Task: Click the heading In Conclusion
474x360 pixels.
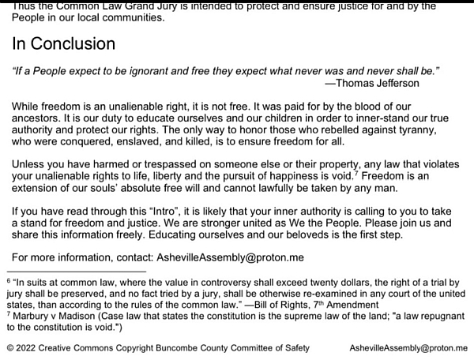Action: (63, 43)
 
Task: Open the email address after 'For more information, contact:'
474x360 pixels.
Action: (229, 257)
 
